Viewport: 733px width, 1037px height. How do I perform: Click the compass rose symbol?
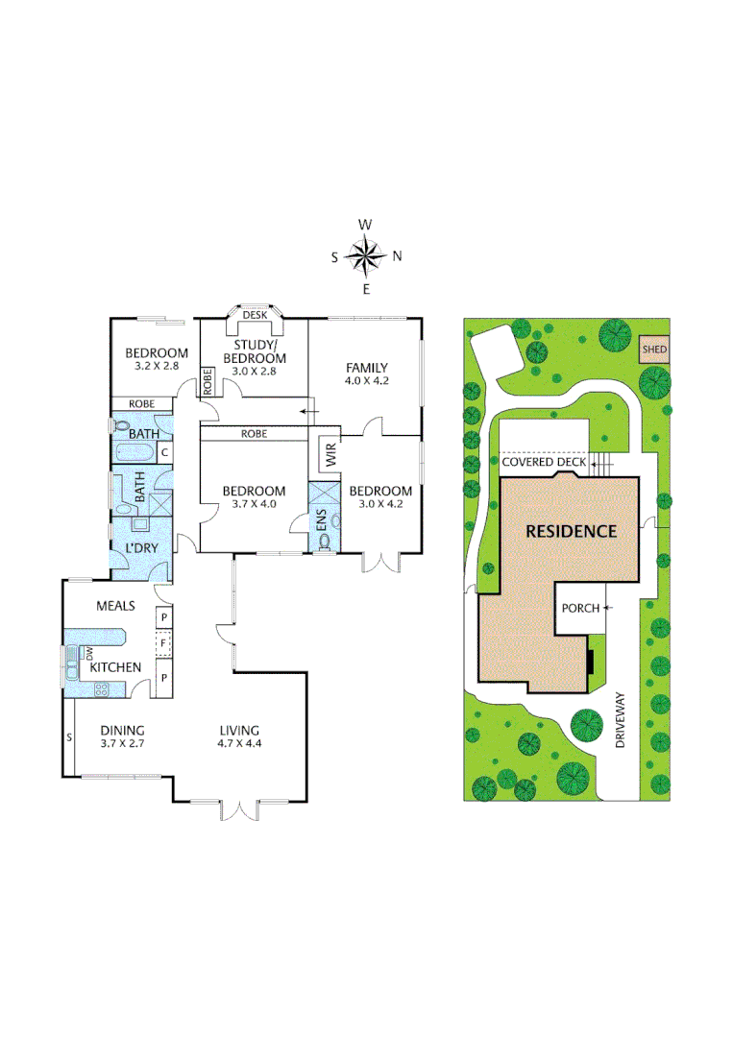coord(365,256)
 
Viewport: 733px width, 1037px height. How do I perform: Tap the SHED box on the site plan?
coord(654,350)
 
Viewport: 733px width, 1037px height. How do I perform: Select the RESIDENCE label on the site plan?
coord(570,531)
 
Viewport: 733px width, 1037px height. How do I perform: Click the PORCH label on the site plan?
coord(580,608)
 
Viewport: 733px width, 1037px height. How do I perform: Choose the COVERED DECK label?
coord(544,462)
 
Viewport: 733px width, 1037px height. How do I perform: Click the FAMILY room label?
coord(367,367)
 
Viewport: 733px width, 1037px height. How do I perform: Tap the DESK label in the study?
coord(254,315)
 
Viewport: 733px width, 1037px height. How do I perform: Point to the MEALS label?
coord(115,606)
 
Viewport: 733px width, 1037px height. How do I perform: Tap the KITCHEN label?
coord(116,666)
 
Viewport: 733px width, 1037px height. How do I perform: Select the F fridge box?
coord(164,641)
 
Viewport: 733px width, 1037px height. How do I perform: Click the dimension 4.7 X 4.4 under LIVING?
coord(238,743)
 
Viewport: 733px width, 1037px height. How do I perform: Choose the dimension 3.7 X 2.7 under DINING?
coord(121,743)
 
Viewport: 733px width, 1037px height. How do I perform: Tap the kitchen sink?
coord(71,662)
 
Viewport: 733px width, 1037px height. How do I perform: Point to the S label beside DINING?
coord(69,737)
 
